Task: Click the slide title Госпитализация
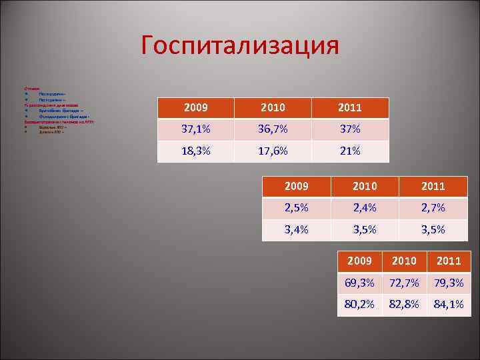240,45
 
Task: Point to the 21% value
349,151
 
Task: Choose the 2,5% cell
296,208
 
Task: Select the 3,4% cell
296,230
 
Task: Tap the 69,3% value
359,283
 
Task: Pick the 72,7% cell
405,283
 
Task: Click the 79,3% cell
448,283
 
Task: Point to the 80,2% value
359,305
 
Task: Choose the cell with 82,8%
405,305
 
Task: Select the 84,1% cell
448,305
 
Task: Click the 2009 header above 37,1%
195,107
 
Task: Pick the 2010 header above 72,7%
405,261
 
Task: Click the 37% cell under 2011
349,129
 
